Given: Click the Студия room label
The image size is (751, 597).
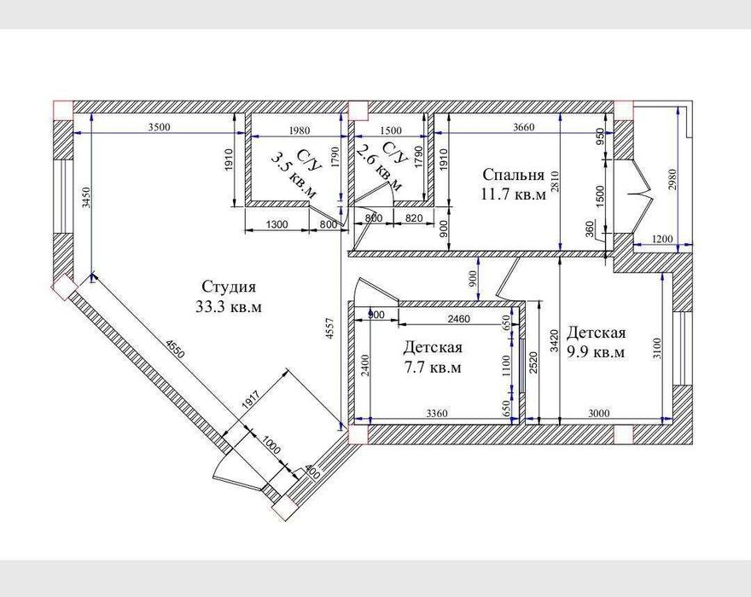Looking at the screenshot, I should coord(229,287).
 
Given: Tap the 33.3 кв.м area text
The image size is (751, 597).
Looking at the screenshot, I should coord(228,308).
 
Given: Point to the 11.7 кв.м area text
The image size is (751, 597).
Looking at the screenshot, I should coord(512,195).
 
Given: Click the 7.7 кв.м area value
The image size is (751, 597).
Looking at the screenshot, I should coord(433,368).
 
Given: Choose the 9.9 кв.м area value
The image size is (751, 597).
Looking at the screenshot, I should coord(596,351).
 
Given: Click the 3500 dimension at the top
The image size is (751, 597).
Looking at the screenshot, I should coord(159,129).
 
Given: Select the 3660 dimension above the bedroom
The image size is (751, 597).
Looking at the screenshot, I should coord(523,129).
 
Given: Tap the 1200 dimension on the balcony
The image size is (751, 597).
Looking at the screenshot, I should coord(662,241).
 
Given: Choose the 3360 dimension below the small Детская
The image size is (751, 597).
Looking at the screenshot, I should coord(436,414).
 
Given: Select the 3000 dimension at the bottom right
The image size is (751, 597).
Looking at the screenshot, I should coord(598,414).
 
